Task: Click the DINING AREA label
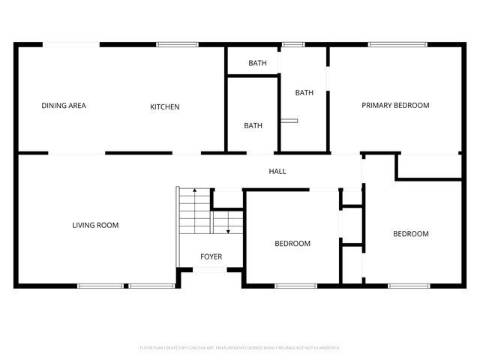coord(64,106)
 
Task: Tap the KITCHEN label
coord(165,106)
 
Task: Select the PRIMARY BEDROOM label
coord(395,106)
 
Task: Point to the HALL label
coord(277,172)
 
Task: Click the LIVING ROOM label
coord(95,225)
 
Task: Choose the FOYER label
coord(211,257)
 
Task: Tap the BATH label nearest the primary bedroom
coord(304,93)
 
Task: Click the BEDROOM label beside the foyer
coord(292,244)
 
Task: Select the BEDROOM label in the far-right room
coord(411,234)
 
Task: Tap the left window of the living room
coord(100,286)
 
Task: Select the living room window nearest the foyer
coord(151,286)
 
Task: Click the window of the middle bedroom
coord(295,286)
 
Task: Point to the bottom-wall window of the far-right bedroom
coord(409,286)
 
